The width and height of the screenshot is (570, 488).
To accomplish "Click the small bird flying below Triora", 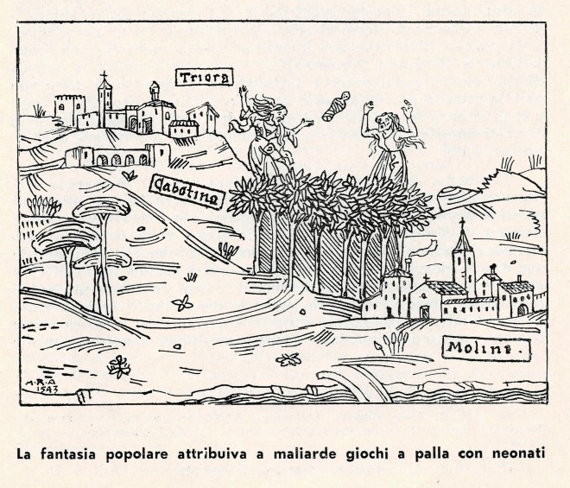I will click(x=130, y=175).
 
